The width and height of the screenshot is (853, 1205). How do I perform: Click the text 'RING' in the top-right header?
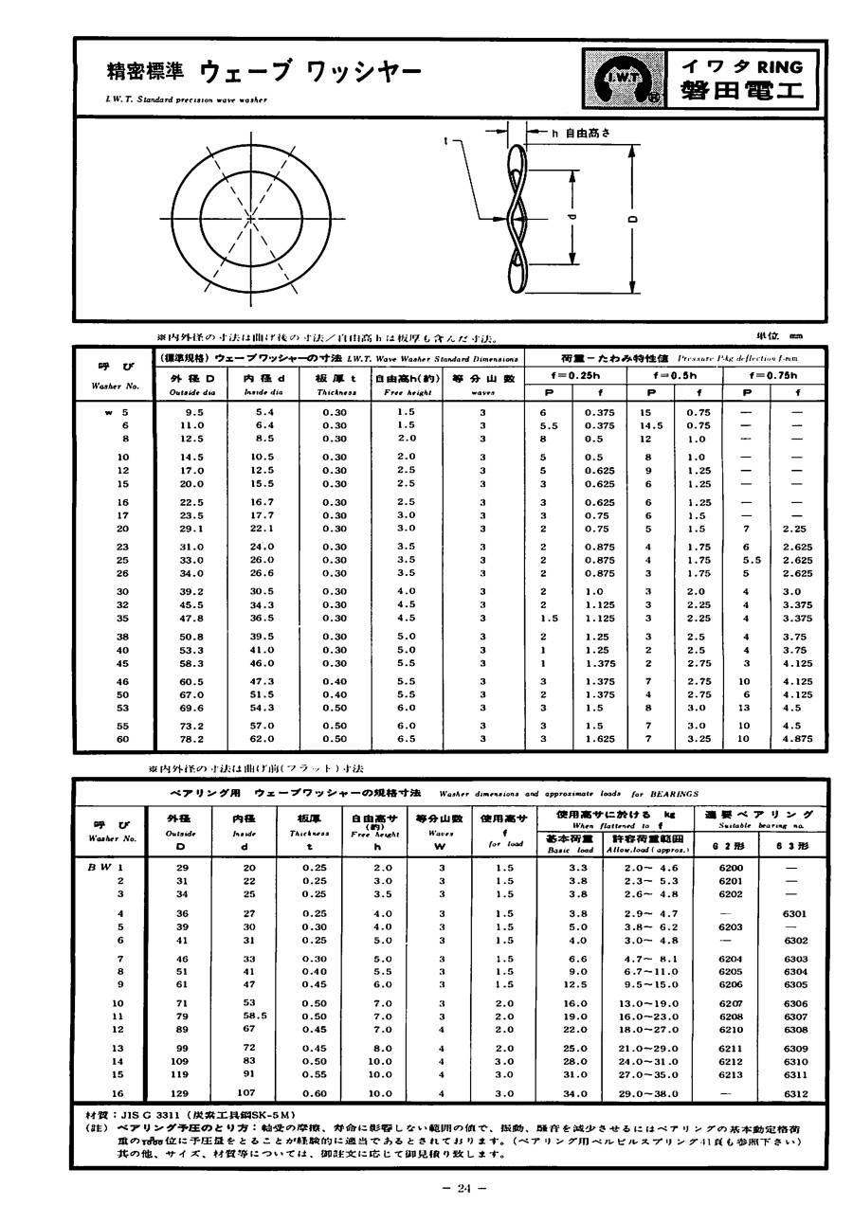(x=780, y=66)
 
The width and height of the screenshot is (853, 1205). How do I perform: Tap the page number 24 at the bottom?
(x=464, y=1190)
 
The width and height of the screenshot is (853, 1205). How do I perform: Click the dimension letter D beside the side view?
(x=633, y=219)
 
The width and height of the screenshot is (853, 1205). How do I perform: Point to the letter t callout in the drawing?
(x=445, y=141)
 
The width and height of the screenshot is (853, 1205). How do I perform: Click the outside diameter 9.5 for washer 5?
(x=195, y=413)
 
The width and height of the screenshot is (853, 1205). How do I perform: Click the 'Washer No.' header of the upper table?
(x=116, y=387)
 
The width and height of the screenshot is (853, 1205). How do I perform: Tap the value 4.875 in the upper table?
(x=798, y=738)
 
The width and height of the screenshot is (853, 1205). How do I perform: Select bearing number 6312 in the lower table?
(x=795, y=1093)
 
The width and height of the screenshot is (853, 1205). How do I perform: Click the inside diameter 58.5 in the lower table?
(x=249, y=1016)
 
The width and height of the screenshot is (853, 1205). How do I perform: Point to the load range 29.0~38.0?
(x=647, y=1093)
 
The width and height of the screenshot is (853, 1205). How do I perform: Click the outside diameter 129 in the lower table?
(x=179, y=1093)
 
